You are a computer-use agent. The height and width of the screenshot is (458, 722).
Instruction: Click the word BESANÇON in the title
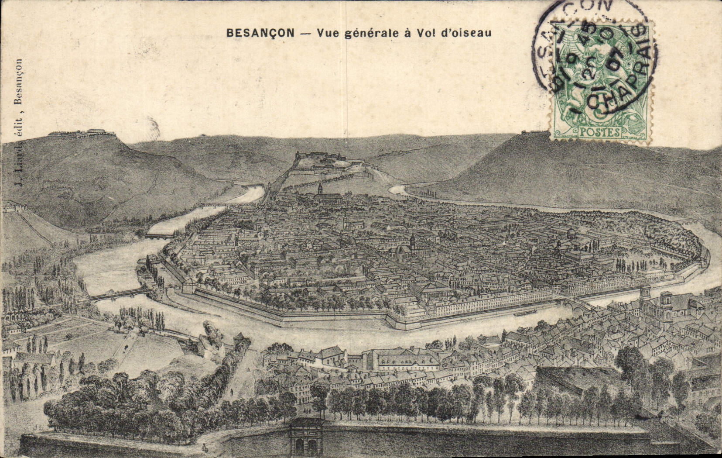[260, 33]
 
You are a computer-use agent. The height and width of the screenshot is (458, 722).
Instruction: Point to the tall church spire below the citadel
[320, 190]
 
